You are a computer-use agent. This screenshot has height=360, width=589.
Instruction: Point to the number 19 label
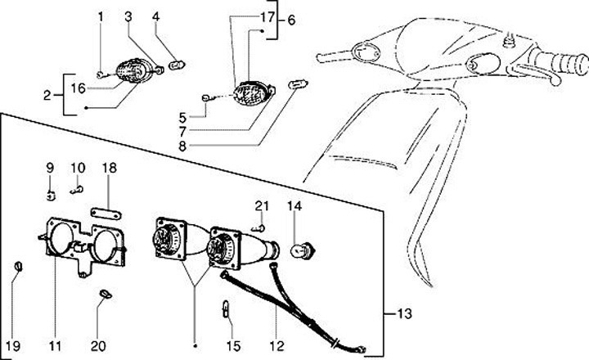click(x=11, y=345)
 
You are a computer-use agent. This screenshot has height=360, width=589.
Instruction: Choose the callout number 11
click(x=55, y=345)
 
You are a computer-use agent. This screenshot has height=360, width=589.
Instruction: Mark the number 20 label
click(x=98, y=345)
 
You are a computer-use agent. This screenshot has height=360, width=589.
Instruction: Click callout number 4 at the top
click(x=156, y=16)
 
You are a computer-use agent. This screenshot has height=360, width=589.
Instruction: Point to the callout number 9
click(x=49, y=169)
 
